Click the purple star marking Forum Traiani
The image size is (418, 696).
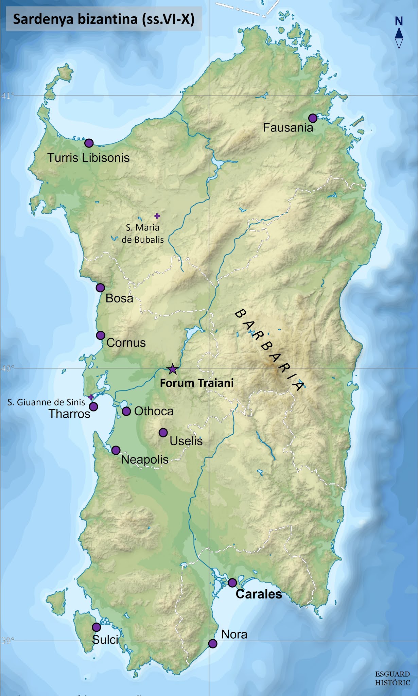(173, 369)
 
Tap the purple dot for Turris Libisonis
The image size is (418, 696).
(89, 143)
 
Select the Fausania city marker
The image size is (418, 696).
(313, 118)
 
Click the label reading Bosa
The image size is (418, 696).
(119, 298)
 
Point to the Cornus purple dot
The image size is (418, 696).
(100, 335)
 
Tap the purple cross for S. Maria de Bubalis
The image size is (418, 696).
(157, 216)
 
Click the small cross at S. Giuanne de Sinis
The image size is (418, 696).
(90, 397)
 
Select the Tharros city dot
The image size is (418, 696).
(93, 406)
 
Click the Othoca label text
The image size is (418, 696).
(154, 411)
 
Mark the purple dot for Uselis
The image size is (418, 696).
(163, 433)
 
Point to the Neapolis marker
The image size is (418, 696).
(116, 450)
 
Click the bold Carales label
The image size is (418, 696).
(259, 594)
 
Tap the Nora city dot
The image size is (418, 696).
(213, 644)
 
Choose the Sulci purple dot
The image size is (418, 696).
(97, 627)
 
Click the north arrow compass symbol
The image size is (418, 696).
(399, 38)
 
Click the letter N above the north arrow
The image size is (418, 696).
(399, 21)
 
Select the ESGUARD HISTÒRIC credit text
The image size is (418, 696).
(393, 678)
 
